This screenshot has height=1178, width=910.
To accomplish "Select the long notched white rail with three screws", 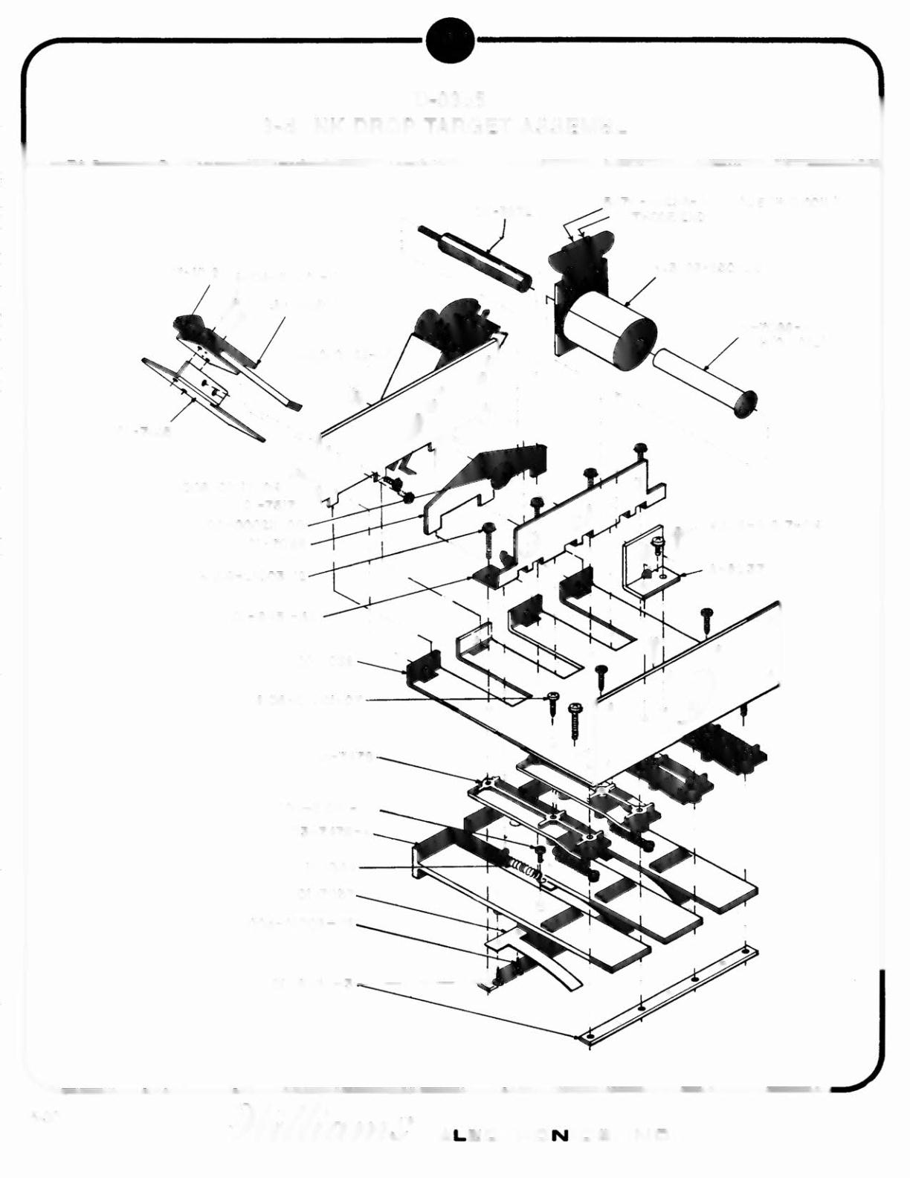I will (580, 521).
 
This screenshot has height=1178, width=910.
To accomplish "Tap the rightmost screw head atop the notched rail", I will (639, 448).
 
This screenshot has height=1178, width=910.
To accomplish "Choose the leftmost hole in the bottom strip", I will (589, 1035).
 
